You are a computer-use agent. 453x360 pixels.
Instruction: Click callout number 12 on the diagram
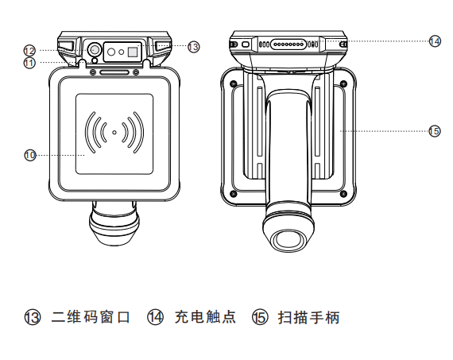29,51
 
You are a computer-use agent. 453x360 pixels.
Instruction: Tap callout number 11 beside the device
29,63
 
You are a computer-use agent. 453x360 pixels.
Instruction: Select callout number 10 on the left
29,155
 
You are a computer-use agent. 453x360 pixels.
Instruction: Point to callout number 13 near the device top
193,47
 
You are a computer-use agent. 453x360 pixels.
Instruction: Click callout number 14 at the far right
435,41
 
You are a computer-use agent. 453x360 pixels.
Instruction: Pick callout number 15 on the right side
435,131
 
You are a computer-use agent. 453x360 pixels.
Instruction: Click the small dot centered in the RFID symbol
114,133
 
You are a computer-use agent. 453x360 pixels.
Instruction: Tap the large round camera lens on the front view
94,50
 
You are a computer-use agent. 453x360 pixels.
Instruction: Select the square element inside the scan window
133,52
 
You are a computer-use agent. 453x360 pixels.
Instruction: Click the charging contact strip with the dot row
288,45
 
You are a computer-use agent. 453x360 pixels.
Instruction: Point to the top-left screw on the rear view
234,83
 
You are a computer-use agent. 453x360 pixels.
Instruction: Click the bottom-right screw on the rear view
343,193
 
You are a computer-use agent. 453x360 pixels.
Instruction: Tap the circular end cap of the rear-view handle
288,240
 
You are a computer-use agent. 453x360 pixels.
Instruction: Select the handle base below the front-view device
114,223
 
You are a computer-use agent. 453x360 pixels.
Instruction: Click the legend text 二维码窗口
91,317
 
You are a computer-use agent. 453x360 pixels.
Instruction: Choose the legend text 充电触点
205,317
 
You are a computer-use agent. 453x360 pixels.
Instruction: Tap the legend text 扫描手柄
308,317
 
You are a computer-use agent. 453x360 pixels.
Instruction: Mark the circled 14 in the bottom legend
156,317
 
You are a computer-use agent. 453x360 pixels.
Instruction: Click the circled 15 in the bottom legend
261,317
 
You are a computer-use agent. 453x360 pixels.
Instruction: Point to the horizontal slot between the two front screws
114,72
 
